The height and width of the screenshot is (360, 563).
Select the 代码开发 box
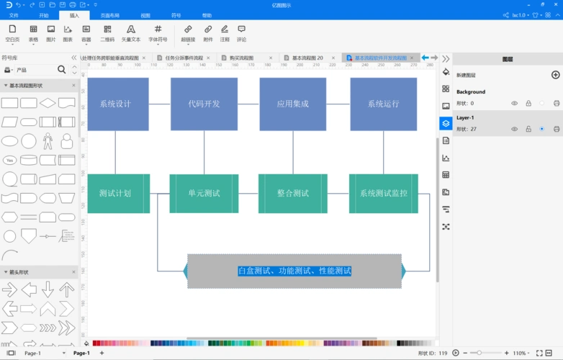click(204, 104)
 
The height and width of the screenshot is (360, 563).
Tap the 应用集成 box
click(292, 104)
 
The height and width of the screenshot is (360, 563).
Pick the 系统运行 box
click(383, 104)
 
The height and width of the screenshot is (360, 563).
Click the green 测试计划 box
click(115, 193)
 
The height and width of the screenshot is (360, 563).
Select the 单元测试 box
click(204, 193)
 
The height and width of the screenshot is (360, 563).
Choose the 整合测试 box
click(292, 193)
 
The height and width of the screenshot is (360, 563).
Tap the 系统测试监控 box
click(383, 193)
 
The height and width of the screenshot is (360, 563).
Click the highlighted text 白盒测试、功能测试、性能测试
click(294, 271)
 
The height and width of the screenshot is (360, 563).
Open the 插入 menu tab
click(75, 15)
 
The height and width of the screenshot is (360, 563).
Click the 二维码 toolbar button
click(107, 33)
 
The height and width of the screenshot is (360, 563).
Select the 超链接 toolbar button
click(188, 33)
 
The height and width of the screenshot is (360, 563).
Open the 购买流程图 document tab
click(238, 58)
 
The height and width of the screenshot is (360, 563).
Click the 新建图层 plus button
click(555, 75)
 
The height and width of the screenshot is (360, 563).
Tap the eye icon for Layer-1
click(514, 129)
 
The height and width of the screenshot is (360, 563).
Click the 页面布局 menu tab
click(110, 15)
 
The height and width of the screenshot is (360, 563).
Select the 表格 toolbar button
click(34, 33)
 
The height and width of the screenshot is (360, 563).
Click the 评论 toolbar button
click(241, 33)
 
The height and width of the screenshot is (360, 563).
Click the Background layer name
click(471, 92)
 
